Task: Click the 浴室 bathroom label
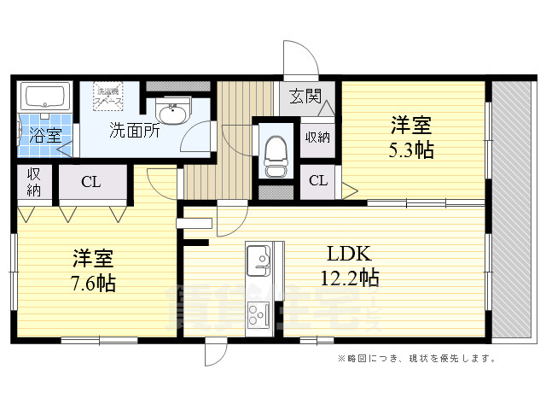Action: click(40, 134)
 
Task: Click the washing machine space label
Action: click(109, 95)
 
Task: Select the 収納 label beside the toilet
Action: click(317, 137)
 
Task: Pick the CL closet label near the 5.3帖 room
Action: click(317, 181)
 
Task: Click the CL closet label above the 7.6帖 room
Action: click(92, 181)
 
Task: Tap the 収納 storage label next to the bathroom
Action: click(33, 182)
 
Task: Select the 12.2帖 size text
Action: click(349, 277)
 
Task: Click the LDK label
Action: click(348, 254)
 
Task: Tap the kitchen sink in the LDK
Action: click(258, 257)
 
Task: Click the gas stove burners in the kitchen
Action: click(258, 316)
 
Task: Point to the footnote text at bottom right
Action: click(416, 359)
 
